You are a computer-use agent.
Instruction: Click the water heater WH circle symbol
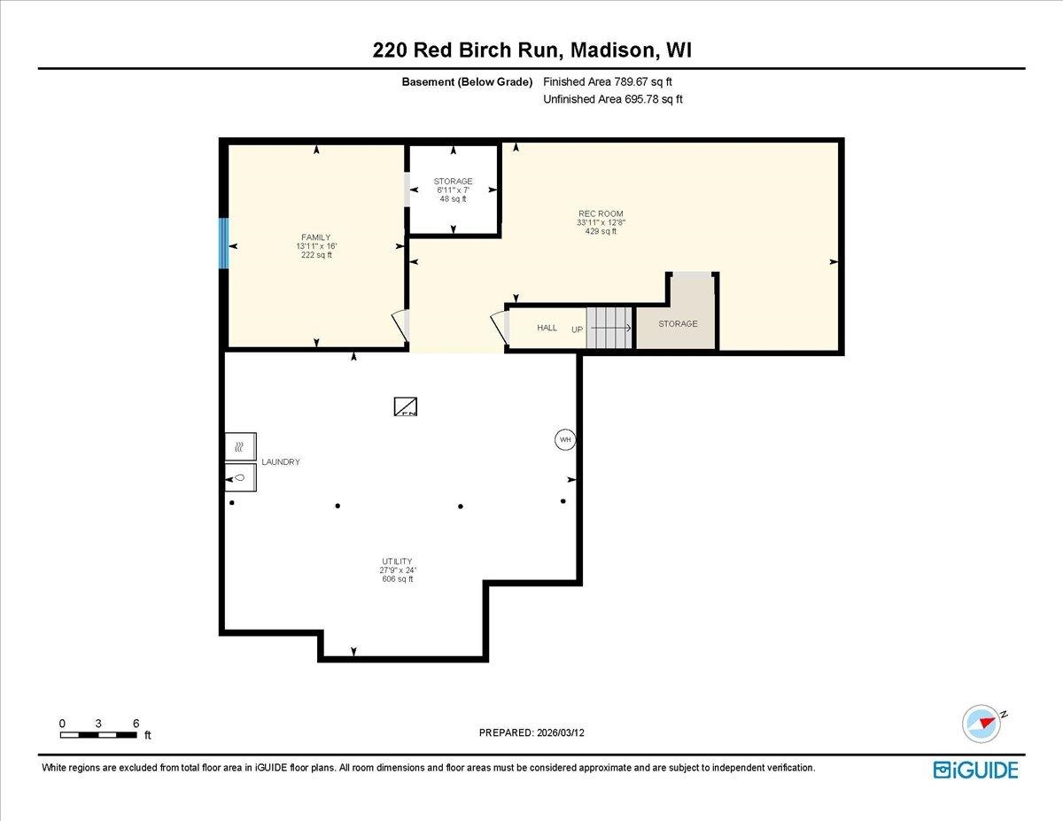(564, 439)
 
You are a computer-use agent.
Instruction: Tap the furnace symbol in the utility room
(406, 407)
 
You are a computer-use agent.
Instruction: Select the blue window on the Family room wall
(225, 244)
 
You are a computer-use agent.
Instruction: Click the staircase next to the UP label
(611, 328)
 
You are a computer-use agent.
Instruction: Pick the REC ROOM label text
(601, 213)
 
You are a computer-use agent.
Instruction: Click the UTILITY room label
(398, 562)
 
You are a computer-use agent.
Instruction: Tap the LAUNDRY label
(280, 462)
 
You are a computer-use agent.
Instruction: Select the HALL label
(547, 328)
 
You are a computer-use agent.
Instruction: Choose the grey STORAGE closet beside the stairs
(678, 324)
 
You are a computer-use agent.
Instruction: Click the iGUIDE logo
(975, 770)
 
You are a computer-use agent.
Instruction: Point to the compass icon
(982, 723)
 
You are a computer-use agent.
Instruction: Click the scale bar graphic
(98, 734)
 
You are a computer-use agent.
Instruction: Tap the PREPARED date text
(532, 732)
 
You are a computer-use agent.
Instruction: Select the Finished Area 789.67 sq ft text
(613, 81)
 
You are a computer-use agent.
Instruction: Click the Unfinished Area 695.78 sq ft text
(612, 99)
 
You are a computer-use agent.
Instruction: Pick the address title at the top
(531, 50)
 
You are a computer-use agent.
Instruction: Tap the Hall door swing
(500, 328)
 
